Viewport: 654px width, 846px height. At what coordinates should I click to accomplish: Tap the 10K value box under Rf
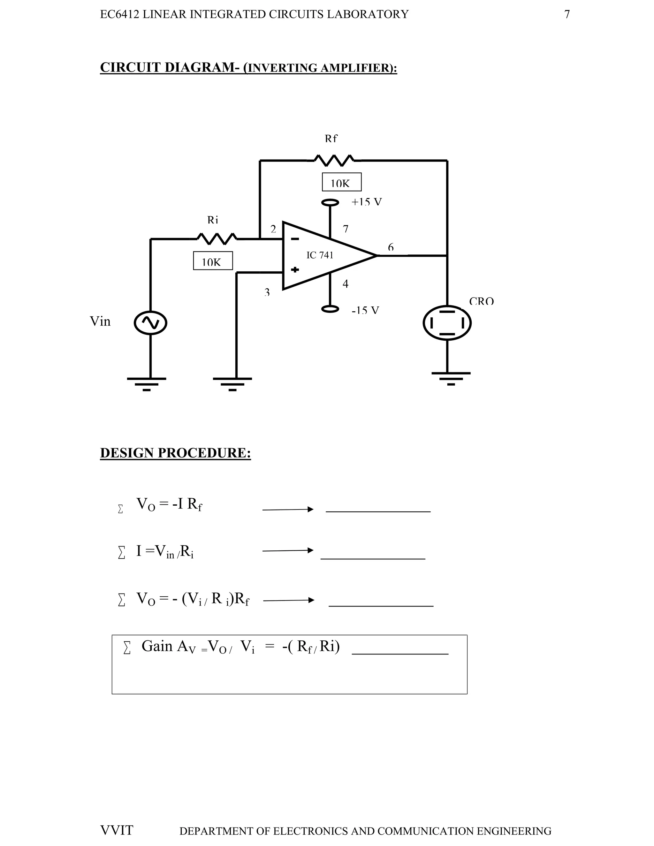341,182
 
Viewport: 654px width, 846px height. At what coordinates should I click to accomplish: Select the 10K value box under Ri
213,261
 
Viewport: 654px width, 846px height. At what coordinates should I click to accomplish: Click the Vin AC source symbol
150,323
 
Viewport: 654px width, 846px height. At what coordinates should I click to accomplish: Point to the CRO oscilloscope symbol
447,323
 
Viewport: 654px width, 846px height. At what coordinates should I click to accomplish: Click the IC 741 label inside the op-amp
320,255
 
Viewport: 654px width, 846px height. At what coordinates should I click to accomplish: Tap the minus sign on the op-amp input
295,239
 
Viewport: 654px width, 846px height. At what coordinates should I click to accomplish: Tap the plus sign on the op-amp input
295,270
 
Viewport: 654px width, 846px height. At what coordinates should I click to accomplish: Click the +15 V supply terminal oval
330,202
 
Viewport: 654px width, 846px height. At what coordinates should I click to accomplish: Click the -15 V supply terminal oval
330,309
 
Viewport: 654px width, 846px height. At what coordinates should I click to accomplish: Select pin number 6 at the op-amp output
391,247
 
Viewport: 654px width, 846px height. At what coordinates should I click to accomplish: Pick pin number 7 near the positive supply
346,229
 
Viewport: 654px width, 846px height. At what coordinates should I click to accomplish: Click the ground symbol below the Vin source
147,383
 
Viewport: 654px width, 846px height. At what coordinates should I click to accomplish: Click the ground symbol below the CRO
451,378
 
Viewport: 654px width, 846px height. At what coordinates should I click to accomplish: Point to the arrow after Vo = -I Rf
287,510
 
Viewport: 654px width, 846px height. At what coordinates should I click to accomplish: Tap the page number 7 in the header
567,14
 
